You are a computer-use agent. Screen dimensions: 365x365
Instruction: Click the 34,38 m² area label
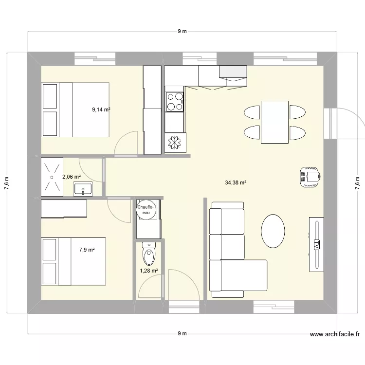[x=236, y=183]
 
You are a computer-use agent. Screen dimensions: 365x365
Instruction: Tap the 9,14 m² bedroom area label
[x=101, y=110]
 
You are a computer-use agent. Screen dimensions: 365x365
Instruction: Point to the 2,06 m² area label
[x=71, y=177]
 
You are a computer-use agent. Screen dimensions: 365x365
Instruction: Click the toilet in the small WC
[x=148, y=253]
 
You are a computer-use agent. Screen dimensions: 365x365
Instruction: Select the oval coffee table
[x=273, y=231]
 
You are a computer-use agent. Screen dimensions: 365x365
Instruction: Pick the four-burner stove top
[x=175, y=101]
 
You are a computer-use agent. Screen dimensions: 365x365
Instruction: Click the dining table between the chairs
[x=274, y=122]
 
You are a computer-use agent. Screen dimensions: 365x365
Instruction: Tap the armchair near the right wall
[x=309, y=175]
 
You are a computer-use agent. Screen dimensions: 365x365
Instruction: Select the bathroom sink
[x=84, y=189]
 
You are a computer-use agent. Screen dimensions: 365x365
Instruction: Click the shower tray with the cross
[x=52, y=169]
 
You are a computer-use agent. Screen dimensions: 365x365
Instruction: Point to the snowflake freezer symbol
[x=174, y=143]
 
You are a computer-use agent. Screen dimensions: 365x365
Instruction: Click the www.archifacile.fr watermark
[x=334, y=334]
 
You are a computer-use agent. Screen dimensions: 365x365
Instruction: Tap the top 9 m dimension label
[x=182, y=32]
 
